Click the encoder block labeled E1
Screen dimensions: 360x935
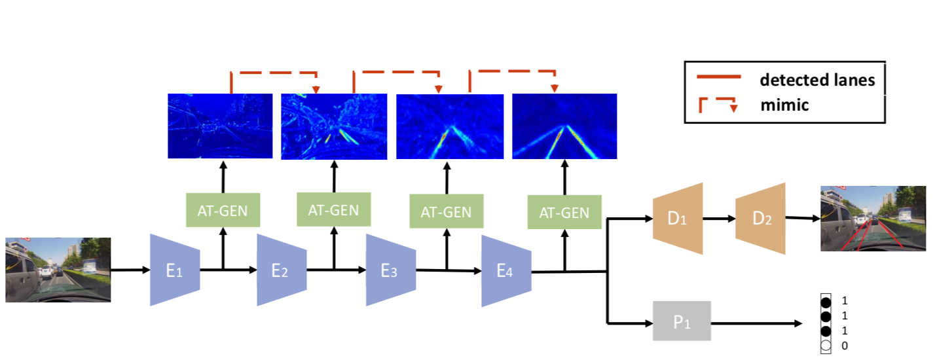coord(174,270)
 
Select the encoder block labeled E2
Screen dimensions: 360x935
coord(281,270)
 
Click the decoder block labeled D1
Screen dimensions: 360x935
coord(677,219)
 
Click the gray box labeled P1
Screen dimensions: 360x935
coord(682,321)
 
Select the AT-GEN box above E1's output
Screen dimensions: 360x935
coord(223,210)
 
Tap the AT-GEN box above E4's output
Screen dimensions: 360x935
coord(564,212)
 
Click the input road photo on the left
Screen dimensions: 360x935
coord(58,270)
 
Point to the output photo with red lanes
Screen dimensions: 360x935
coord(873,218)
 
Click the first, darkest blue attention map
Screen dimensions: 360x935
coord(220,126)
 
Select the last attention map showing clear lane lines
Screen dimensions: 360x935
coord(564,126)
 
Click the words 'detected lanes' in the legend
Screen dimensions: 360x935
coord(816,80)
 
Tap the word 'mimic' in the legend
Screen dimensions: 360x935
coord(784,105)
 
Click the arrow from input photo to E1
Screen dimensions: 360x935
coord(130,269)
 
